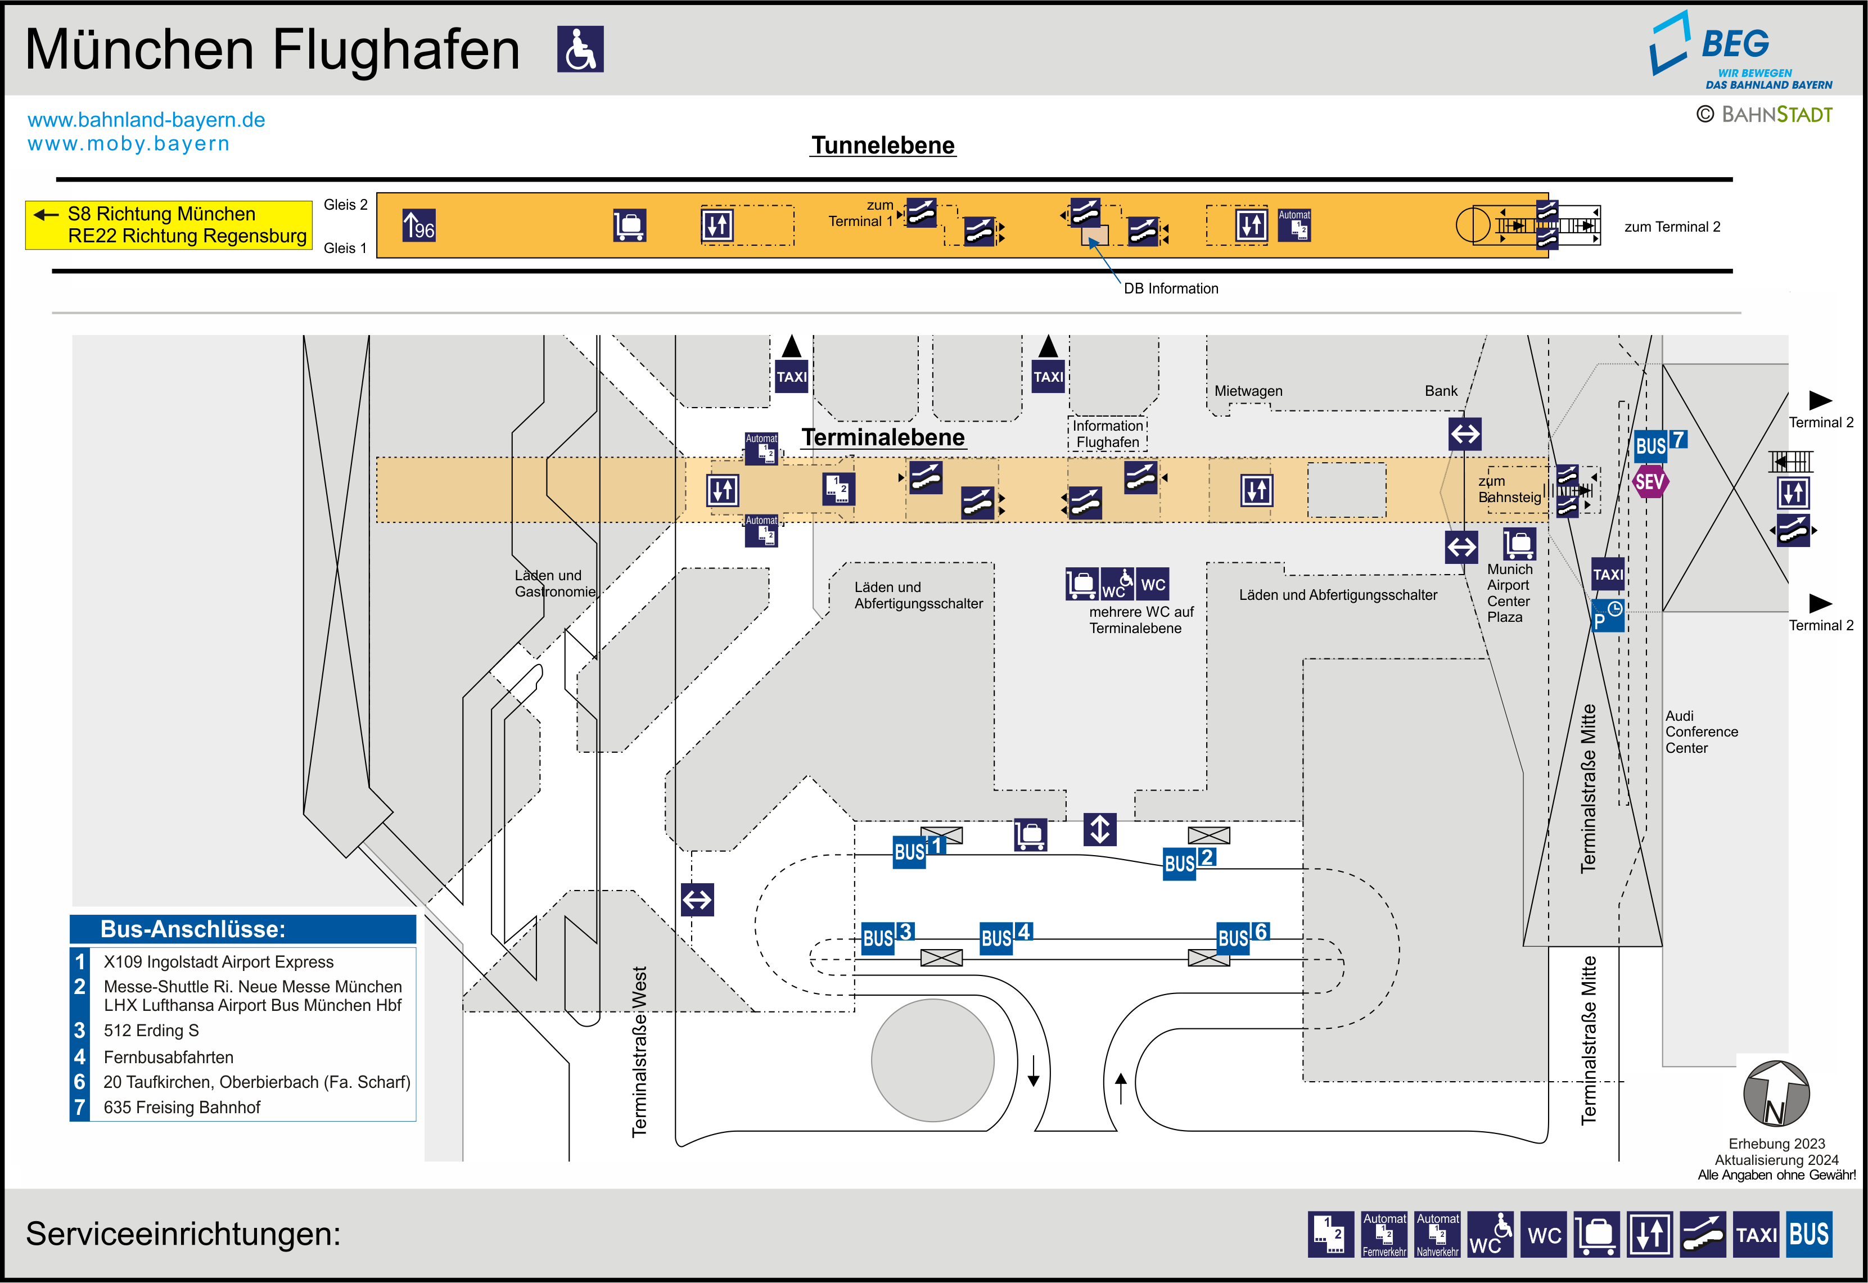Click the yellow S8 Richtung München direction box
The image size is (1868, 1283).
coord(169,225)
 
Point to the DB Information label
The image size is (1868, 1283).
coord(1170,288)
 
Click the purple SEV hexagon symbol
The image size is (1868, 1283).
coord(1649,482)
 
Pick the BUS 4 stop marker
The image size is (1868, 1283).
coord(1005,937)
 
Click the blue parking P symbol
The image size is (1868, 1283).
coord(1608,616)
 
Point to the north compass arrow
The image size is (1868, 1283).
coord(1776,1094)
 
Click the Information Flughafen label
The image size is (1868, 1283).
coord(1108,434)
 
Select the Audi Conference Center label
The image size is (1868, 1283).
coord(1701,731)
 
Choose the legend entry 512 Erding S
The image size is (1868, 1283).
coord(151,1031)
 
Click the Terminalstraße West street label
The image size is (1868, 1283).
coord(639,1051)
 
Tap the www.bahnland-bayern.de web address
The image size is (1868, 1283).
coord(146,120)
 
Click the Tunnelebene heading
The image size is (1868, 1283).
coord(883,146)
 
